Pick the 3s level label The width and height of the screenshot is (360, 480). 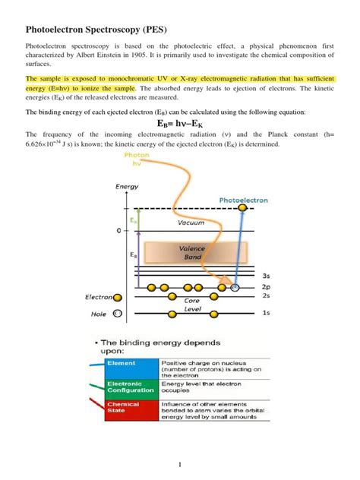(x=264, y=276)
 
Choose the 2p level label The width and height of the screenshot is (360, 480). (x=264, y=288)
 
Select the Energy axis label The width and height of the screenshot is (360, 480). (x=128, y=185)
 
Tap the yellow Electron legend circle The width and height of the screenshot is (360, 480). (x=117, y=297)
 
